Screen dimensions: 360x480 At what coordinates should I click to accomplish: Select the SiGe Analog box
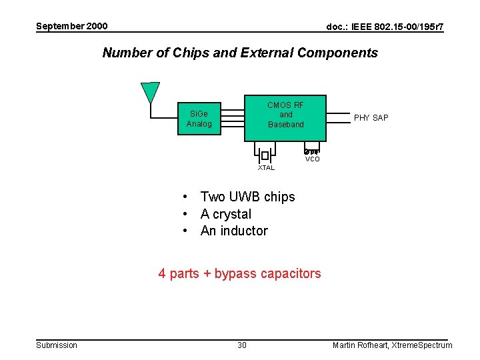click(199, 119)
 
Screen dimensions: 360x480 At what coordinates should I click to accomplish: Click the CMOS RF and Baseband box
click(285, 117)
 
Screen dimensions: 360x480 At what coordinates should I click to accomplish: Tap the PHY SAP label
click(371, 118)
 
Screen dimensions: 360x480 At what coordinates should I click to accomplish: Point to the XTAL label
click(266, 167)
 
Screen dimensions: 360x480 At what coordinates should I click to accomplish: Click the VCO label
click(312, 159)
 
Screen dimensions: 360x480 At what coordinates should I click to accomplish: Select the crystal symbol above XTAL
click(265, 155)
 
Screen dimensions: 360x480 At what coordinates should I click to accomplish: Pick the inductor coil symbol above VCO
click(312, 151)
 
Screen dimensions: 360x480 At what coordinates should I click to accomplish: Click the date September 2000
click(71, 26)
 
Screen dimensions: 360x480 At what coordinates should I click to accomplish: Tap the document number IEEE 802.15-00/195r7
click(385, 27)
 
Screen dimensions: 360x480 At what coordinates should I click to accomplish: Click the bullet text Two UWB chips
click(247, 197)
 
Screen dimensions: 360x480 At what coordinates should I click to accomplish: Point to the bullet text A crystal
click(226, 214)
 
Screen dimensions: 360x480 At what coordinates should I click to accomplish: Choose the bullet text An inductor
click(234, 231)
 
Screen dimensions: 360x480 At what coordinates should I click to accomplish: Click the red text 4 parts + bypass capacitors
click(239, 273)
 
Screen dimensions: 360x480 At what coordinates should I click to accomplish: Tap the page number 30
click(242, 345)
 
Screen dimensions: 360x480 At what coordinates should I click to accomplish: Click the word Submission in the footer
click(57, 345)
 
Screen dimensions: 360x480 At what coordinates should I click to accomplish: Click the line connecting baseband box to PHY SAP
click(337, 118)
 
